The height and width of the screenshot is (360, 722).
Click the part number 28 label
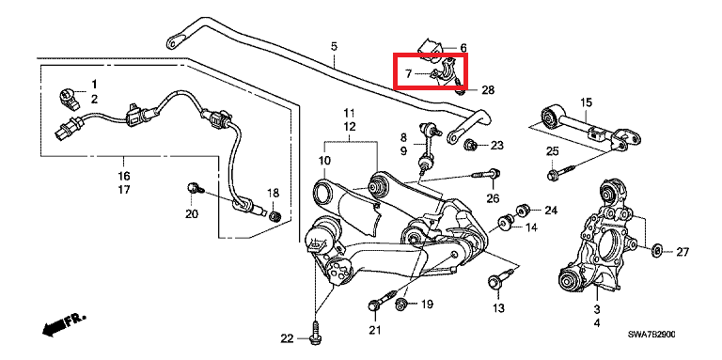click(x=487, y=90)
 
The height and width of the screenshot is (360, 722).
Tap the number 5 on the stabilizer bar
click(x=333, y=46)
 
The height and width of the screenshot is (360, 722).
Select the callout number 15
click(x=586, y=102)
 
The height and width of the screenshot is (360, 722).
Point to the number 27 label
click(x=683, y=252)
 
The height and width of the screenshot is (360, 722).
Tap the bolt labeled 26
click(x=480, y=174)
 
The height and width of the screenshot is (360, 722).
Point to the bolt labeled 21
click(x=375, y=305)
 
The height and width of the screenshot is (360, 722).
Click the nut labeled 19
click(x=401, y=304)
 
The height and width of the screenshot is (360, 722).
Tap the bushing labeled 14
click(x=505, y=223)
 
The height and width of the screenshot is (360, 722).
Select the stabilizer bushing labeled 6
click(x=433, y=47)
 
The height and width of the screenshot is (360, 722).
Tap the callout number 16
click(x=123, y=175)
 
